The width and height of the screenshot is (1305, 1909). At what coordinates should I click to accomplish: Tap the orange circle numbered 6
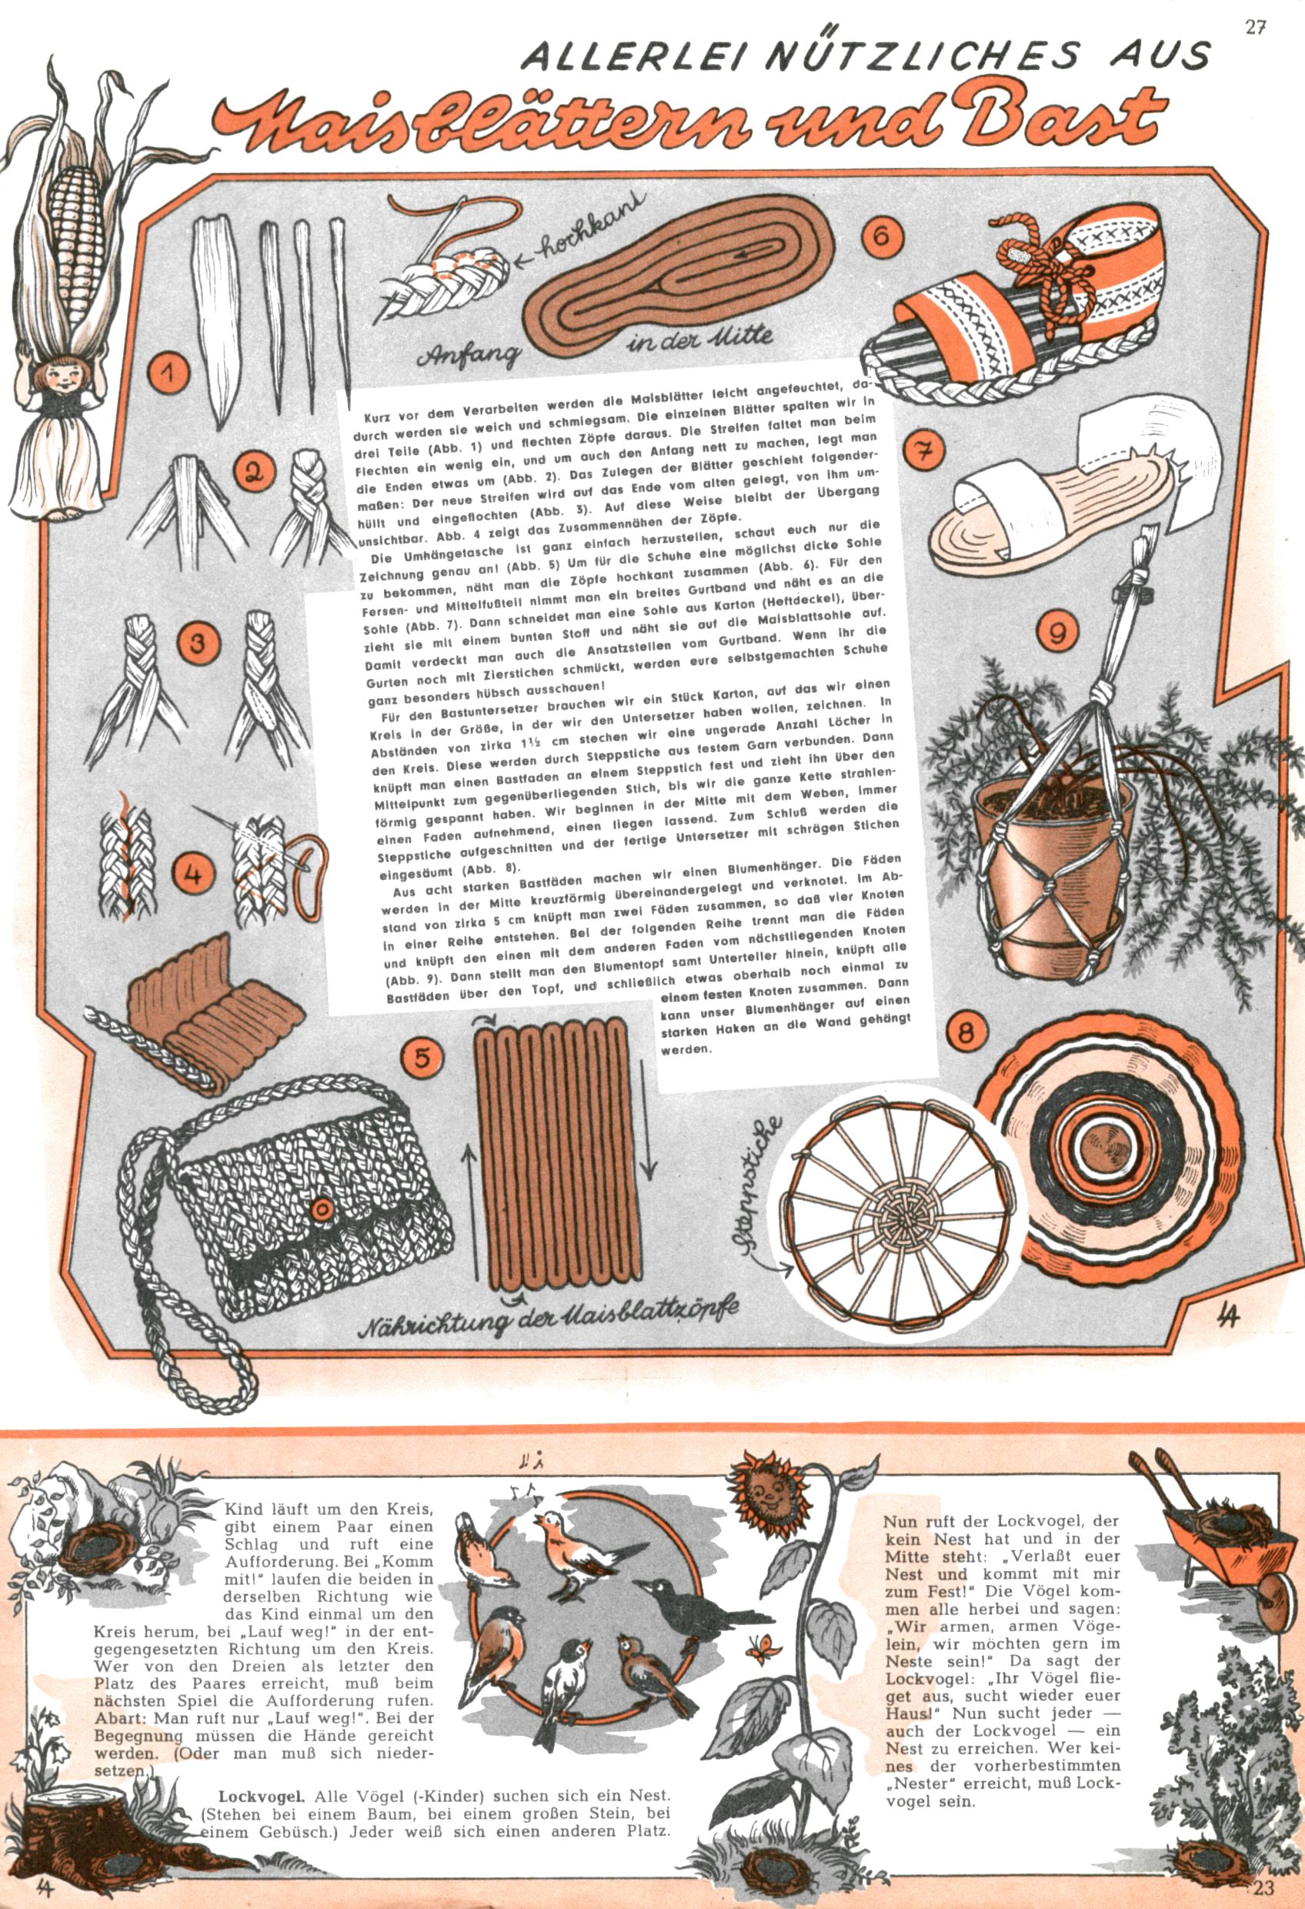click(880, 236)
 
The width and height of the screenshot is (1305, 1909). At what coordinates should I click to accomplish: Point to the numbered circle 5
click(422, 1056)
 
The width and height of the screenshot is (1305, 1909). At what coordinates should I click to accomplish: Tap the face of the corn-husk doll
click(58, 376)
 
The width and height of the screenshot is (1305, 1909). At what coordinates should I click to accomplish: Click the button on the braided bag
click(320, 1209)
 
